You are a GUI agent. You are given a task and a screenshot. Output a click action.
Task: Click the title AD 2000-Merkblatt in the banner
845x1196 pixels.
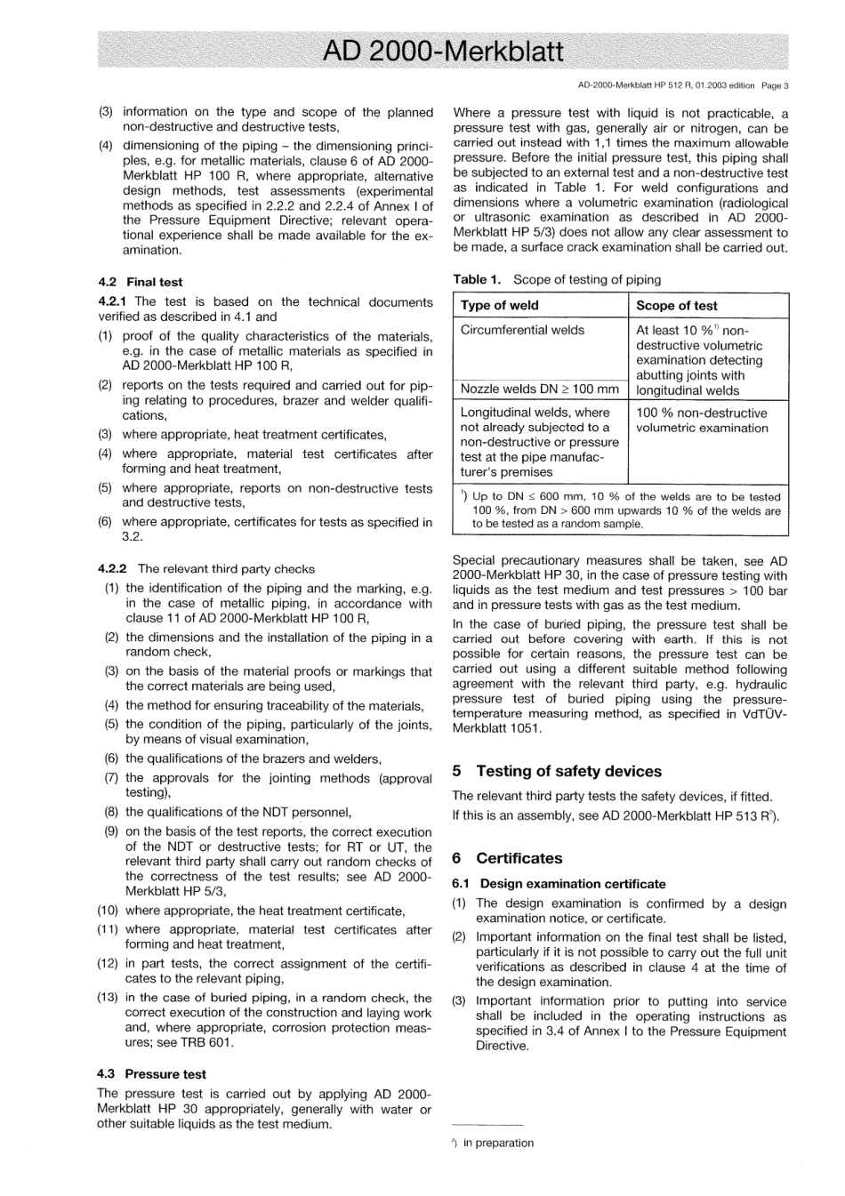(x=442, y=52)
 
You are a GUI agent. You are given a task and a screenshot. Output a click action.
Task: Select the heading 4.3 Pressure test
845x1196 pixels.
(x=151, y=1074)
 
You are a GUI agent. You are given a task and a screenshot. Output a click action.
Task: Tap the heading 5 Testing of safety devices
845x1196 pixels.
(x=557, y=771)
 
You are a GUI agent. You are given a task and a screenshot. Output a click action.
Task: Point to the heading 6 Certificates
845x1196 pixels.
(x=507, y=858)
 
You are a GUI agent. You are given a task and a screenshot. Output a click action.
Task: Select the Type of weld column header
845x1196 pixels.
(x=499, y=305)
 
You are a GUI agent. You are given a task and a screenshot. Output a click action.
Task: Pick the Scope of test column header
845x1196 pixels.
(x=676, y=305)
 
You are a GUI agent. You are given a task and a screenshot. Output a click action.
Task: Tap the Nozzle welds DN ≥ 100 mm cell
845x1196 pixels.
(x=539, y=389)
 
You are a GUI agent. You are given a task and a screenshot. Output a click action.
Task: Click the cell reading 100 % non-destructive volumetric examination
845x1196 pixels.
(x=702, y=421)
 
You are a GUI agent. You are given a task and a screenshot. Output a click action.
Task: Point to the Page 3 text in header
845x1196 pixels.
(x=776, y=86)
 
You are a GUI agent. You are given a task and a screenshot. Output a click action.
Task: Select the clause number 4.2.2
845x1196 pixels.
(x=113, y=569)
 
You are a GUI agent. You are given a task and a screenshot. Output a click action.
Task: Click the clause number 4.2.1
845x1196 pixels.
(x=113, y=302)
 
